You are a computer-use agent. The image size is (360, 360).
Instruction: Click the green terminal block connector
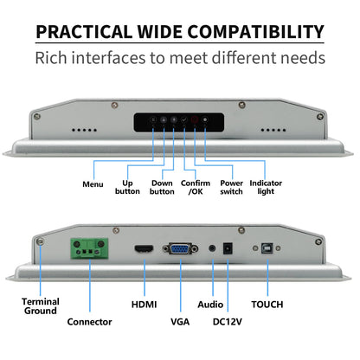click(90, 248)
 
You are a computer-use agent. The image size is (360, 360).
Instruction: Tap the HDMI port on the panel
click(144, 248)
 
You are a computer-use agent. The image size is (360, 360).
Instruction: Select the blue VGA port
click(180, 248)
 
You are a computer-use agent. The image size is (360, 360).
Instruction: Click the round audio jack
click(212, 248)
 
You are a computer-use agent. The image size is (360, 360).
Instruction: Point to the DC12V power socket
click(228, 248)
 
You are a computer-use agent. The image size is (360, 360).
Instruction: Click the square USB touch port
click(267, 248)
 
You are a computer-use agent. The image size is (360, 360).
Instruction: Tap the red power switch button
click(195, 119)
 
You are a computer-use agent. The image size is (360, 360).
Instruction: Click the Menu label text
click(93, 184)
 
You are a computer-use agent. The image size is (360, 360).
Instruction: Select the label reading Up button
click(127, 187)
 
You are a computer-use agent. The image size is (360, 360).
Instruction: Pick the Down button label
click(162, 187)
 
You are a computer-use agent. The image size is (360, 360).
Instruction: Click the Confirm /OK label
click(196, 187)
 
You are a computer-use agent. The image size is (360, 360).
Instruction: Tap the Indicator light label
click(266, 187)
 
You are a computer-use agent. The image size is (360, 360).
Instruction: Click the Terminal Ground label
click(41, 306)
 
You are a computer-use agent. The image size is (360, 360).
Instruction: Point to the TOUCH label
click(267, 305)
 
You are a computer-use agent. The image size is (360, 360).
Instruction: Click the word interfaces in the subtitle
click(109, 58)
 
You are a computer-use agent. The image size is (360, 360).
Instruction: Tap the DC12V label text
click(228, 322)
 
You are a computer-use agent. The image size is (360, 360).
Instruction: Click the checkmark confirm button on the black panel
click(184, 119)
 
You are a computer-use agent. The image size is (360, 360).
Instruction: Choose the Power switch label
click(231, 187)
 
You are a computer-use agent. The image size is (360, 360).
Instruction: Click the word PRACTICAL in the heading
click(84, 32)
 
